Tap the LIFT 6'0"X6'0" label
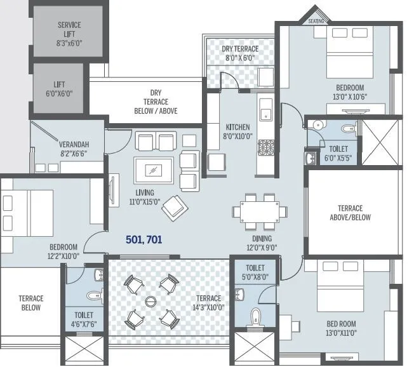[x=59, y=88]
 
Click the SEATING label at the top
[x=316, y=21]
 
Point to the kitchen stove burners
[x=265, y=148]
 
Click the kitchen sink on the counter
[x=266, y=114]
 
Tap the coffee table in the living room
[x=153, y=170]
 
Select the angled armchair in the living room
[x=173, y=207]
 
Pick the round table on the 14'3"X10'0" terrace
[x=150, y=300]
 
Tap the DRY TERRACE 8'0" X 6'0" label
[x=239, y=53]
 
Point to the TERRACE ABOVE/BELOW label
[x=350, y=213]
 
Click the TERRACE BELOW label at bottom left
[x=30, y=303]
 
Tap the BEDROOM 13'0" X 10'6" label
[x=350, y=92]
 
